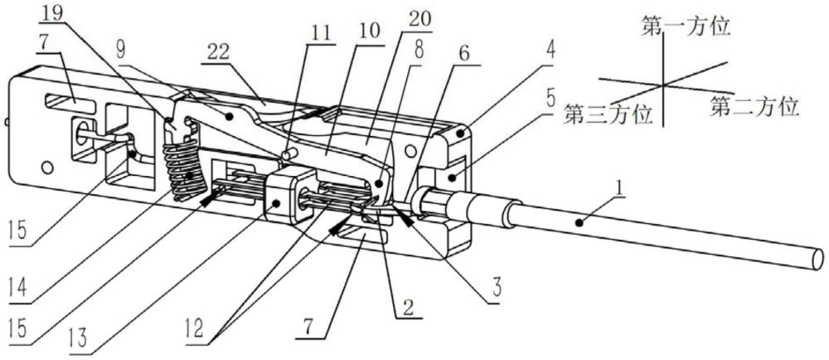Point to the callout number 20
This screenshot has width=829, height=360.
(x=419, y=20)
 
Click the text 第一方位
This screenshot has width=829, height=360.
(x=686, y=27)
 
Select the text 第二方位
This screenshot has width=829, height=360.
(x=754, y=107)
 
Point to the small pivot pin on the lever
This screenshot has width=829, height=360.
(x=289, y=153)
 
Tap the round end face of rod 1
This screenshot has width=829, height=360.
(x=817, y=260)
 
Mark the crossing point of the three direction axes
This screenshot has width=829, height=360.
(x=662, y=85)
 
